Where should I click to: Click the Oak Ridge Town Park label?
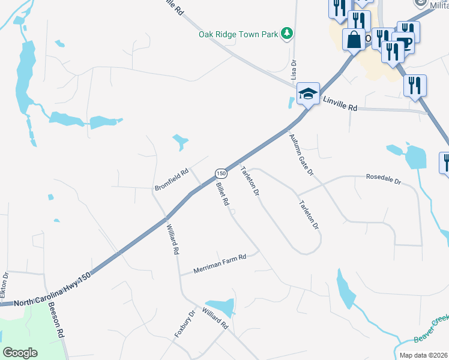tap(238, 34)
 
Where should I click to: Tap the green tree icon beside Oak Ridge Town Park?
tap(288, 33)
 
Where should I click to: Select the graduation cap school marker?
tap(308, 93)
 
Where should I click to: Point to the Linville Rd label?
tap(340, 104)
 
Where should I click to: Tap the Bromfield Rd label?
tap(172, 179)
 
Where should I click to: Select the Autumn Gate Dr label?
tap(301, 154)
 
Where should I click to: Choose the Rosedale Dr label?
tap(383, 178)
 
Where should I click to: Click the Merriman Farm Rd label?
tap(220, 264)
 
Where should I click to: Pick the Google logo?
tap(20, 353)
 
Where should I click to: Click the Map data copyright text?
tap(424, 355)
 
